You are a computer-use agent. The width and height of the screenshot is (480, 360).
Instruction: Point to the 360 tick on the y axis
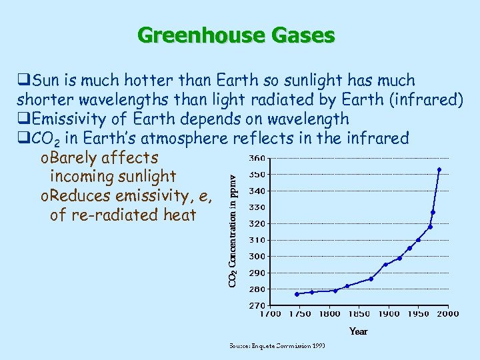point(256,159)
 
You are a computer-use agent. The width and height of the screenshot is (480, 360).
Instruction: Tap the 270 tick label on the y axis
point(256,305)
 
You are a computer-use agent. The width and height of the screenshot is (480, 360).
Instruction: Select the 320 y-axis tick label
point(256,224)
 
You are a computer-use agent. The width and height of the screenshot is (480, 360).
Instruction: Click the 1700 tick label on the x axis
point(270,313)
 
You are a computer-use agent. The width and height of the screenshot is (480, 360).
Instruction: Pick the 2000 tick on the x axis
point(448,313)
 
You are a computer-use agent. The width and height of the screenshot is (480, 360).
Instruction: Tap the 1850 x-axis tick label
point(359,313)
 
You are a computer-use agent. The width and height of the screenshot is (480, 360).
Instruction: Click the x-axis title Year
point(359,331)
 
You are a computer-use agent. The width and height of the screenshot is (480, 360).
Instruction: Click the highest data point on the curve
point(439,170)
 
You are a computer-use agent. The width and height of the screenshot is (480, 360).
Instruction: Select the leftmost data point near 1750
point(297,294)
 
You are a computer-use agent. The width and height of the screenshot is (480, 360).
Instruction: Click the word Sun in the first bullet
point(44,81)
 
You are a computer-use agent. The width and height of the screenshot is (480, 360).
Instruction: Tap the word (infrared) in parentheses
point(427,100)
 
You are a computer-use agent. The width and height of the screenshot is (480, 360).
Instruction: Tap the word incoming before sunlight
point(82,177)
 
